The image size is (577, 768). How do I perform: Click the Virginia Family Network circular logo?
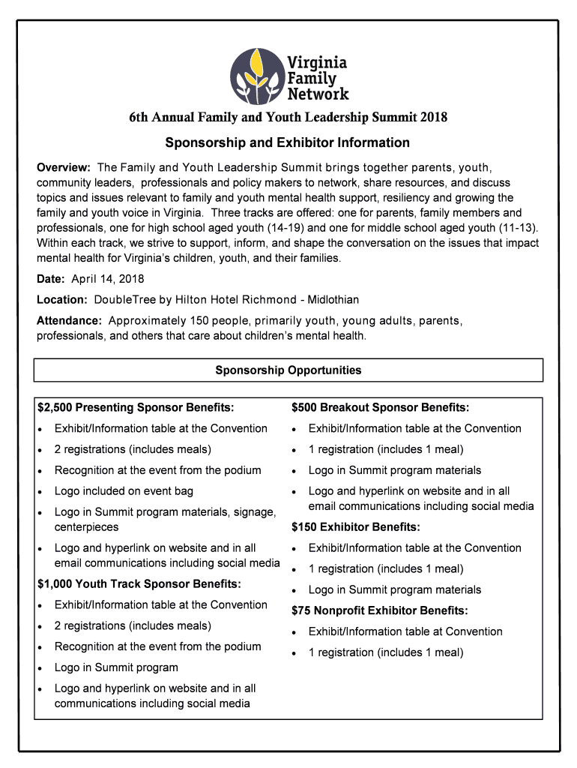(255, 75)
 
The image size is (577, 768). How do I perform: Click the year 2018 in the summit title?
(434, 118)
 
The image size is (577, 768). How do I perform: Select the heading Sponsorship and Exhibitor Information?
(288, 142)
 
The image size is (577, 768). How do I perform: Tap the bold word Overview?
(64, 167)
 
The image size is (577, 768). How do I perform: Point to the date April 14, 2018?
(108, 279)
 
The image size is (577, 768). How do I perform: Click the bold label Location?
(62, 300)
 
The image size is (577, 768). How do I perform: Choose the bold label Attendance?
(69, 321)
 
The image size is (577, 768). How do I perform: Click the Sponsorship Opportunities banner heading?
(288, 370)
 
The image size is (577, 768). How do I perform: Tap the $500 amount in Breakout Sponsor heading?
(303, 408)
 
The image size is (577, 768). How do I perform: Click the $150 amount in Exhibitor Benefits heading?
(303, 527)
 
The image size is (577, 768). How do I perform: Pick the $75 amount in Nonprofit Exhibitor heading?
(300, 610)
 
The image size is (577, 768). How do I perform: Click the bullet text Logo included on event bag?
(124, 491)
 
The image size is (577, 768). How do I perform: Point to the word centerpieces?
(86, 527)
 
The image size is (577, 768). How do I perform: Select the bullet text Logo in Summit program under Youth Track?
(116, 667)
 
